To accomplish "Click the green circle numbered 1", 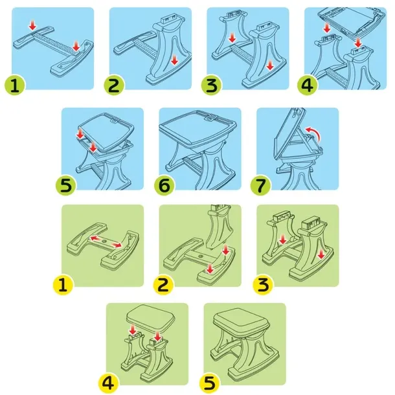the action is (x=15, y=85).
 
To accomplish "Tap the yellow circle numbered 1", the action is (x=63, y=285).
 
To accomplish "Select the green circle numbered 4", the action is (x=308, y=85).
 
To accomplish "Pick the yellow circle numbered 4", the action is (x=108, y=383).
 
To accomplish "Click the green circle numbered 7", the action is (x=261, y=186).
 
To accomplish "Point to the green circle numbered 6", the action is (x=164, y=186).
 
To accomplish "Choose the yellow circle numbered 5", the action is (x=209, y=383).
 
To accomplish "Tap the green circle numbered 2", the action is (x=114, y=85).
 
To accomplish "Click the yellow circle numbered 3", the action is (x=264, y=285).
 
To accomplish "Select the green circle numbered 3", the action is (x=211, y=85).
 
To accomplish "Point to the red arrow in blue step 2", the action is (x=174, y=60).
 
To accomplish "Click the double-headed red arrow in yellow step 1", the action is (x=106, y=242).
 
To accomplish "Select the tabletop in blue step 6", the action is (x=198, y=126).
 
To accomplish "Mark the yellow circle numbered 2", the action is (x=164, y=285).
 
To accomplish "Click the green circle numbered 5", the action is (x=66, y=186).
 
